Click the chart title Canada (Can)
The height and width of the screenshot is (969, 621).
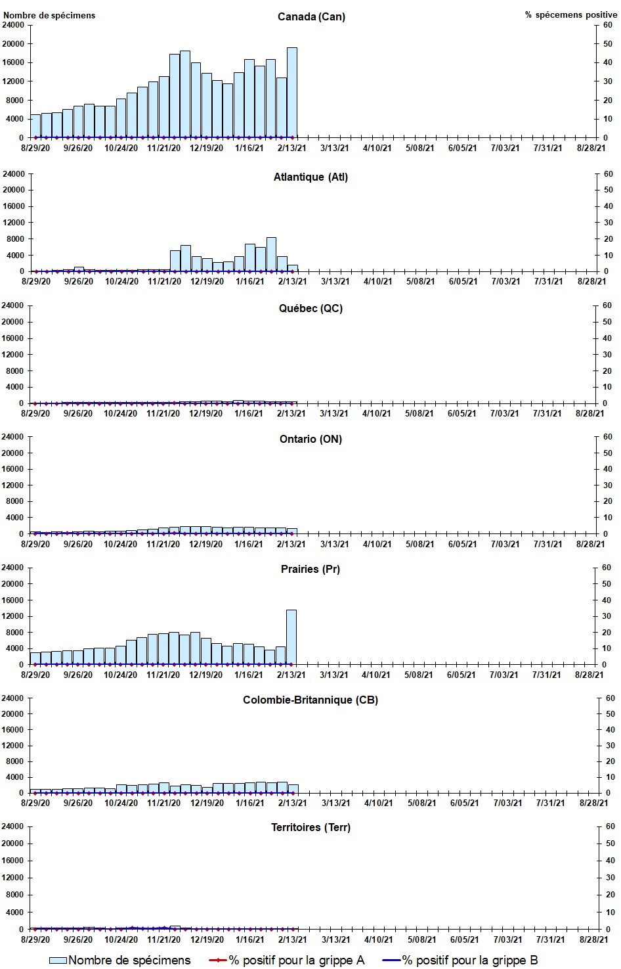click(x=311, y=16)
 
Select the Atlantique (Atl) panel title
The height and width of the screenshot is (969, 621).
click(x=310, y=177)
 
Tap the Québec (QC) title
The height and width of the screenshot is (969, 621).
click(x=310, y=308)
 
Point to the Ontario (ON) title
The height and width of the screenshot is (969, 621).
click(x=310, y=439)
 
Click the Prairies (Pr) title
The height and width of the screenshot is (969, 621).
click(x=310, y=569)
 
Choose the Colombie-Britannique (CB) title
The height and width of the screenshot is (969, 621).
click(x=310, y=700)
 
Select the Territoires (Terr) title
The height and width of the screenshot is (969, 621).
click(x=310, y=827)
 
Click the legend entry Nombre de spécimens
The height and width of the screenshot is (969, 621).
click(x=121, y=960)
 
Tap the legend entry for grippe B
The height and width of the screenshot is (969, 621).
click(x=460, y=960)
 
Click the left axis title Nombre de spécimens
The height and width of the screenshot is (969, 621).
click(x=49, y=15)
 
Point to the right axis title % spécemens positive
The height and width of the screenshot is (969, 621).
click(x=570, y=15)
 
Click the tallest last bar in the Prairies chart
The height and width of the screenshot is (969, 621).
click(x=291, y=637)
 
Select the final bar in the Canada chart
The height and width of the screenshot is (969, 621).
click(x=291, y=93)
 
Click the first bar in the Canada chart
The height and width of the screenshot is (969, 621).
click(x=35, y=126)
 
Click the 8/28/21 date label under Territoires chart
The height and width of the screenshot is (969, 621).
click(x=591, y=939)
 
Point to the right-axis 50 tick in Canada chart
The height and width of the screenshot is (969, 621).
click(x=607, y=44)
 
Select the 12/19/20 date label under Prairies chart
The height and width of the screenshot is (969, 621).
click(x=206, y=675)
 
